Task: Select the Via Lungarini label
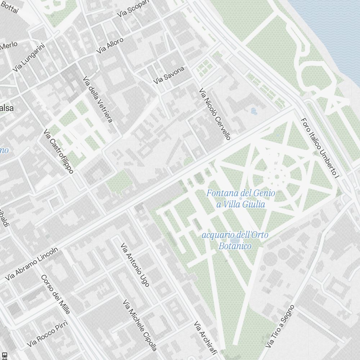tap(28, 57)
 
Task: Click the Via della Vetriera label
tap(98, 99)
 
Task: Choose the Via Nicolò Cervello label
tap(215, 114)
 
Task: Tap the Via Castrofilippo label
tap(59, 151)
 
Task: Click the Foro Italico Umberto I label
tap(320, 149)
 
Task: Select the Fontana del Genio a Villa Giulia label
tap(240, 199)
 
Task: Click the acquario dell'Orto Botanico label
tap(235, 240)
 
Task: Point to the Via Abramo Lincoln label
tap(32, 264)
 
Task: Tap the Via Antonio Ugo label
tap(135, 265)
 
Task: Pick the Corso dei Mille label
tap(55, 294)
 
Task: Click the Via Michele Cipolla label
tap(140, 325)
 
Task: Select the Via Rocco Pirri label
tap(47, 336)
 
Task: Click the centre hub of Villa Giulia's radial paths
tap(276, 176)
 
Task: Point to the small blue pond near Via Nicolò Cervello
tap(253, 111)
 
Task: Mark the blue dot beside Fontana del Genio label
tap(240, 198)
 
